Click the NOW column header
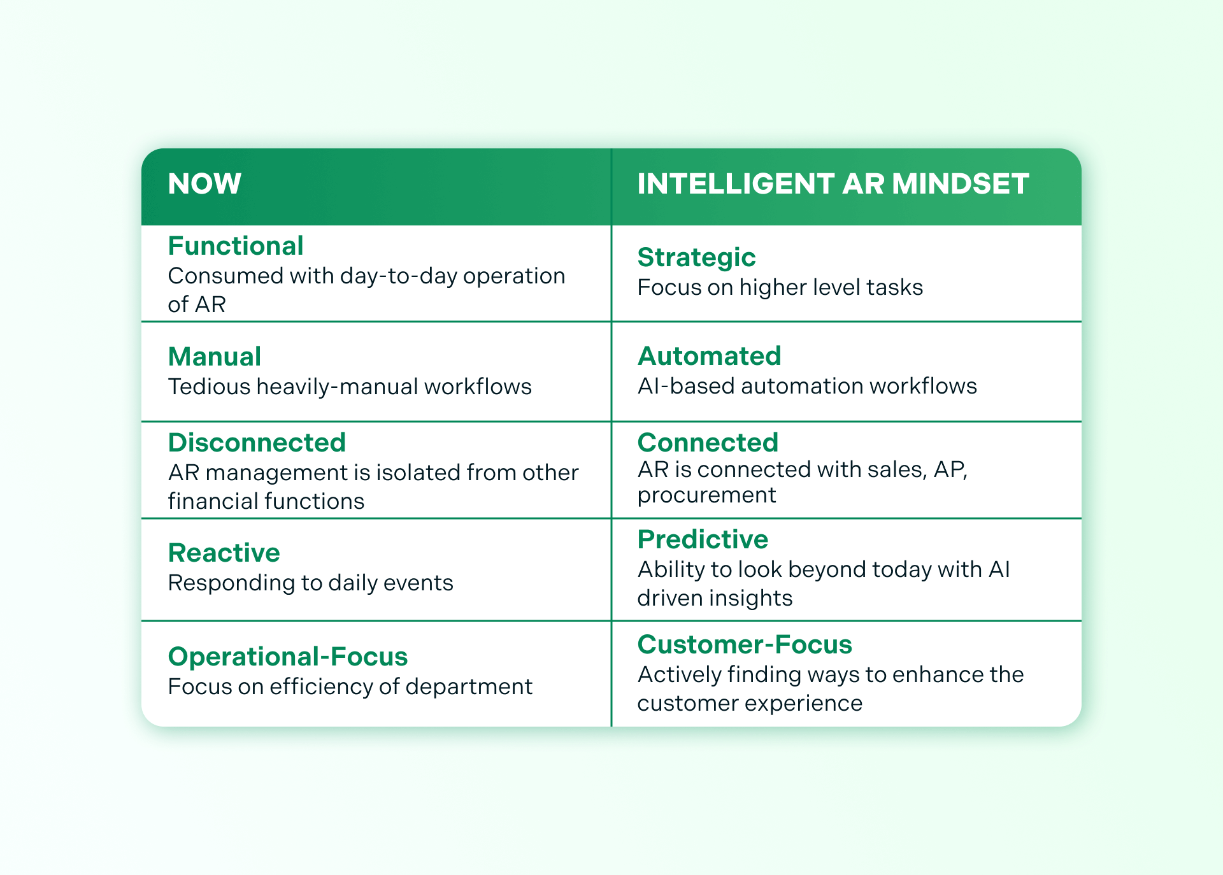[204, 184]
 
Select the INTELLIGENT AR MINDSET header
[833, 184]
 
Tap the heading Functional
[235, 246]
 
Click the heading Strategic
[696, 257]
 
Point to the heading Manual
[215, 357]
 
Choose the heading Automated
[709, 356]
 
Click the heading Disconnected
[257, 443]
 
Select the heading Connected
[708, 443]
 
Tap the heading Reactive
[224, 553]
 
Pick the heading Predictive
[703, 539]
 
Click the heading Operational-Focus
[288, 657]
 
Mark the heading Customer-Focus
[745, 644]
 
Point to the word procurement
[706, 495]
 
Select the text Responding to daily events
[310, 583]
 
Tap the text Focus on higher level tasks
[780, 287]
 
